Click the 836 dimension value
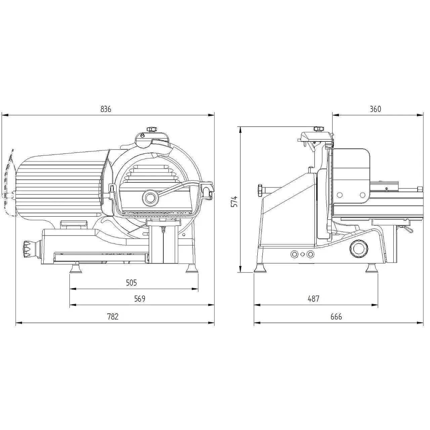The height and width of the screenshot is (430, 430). [x=105, y=109]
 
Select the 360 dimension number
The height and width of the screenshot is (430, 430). [x=375, y=109]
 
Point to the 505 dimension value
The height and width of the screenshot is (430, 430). [x=131, y=283]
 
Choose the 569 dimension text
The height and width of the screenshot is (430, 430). [x=140, y=299]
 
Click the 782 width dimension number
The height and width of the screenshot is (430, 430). [x=113, y=316]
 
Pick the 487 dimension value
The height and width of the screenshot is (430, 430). [x=313, y=299]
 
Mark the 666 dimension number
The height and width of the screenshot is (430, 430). [x=336, y=316]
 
